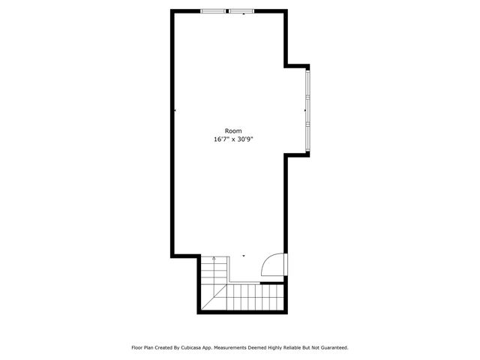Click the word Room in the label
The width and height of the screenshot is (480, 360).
click(232, 131)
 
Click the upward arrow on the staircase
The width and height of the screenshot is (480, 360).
click(214, 259)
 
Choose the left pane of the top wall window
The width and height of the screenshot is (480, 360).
click(213, 11)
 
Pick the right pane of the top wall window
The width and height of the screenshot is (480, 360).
click(241, 11)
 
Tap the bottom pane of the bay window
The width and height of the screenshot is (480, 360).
click(307, 134)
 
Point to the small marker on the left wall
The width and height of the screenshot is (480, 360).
click(175, 110)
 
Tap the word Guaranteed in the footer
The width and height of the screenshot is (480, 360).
click(331, 348)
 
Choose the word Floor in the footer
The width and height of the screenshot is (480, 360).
click(138, 348)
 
